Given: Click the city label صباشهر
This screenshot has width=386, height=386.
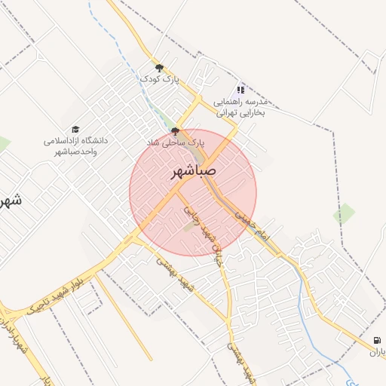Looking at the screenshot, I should click(x=193, y=171).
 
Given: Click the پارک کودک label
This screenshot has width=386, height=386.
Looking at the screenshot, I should click(x=159, y=78).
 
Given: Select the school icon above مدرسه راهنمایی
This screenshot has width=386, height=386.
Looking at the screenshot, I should click(x=240, y=90).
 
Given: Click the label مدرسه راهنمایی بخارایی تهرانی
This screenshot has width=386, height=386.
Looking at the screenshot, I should click(x=242, y=107).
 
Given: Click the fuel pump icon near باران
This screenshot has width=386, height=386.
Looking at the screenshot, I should click(x=377, y=340).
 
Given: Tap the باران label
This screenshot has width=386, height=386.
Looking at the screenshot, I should click(x=377, y=351).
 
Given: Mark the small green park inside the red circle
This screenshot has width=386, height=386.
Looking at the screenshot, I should click(x=189, y=225).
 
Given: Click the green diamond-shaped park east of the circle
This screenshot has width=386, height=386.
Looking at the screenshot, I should click(x=344, y=213).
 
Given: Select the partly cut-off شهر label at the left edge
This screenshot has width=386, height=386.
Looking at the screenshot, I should click(x=9, y=201).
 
